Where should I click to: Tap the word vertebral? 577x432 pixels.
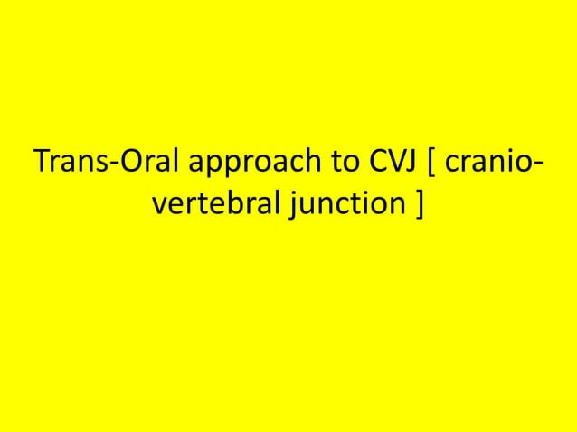[216, 209]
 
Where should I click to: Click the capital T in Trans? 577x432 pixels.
[41, 167]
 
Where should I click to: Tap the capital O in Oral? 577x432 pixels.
[127, 167]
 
